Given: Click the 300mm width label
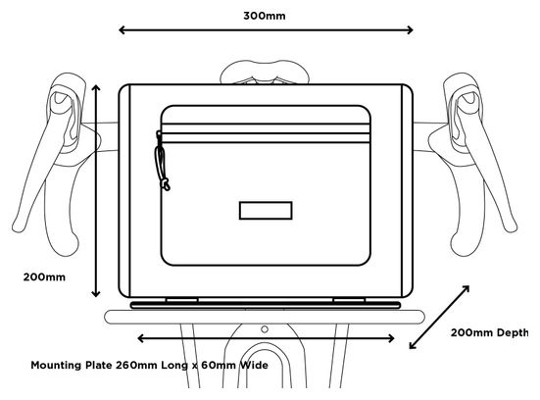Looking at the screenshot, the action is click(265, 16).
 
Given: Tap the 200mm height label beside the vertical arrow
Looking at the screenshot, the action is click(44, 277).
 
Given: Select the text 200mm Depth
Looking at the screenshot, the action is click(489, 332).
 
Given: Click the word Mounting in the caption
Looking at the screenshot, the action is click(56, 366).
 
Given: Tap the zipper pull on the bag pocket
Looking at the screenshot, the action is click(162, 161).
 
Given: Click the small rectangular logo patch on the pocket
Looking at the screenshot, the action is click(266, 211).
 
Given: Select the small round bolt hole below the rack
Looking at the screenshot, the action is click(265, 329).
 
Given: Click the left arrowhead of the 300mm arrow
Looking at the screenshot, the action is click(121, 30).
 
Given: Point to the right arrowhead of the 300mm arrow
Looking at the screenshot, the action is click(411, 30).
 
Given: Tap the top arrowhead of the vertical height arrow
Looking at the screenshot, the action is click(96, 87).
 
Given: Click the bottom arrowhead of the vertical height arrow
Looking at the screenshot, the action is click(96, 294).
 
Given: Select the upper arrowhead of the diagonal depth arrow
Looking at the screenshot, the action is click(466, 288).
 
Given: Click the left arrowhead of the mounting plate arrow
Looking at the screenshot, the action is click(139, 338).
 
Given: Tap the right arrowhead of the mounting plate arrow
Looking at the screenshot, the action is click(392, 338).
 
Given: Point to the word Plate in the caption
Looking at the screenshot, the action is click(99, 366).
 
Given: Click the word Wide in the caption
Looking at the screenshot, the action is click(254, 366).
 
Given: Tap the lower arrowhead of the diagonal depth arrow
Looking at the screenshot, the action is click(413, 345).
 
